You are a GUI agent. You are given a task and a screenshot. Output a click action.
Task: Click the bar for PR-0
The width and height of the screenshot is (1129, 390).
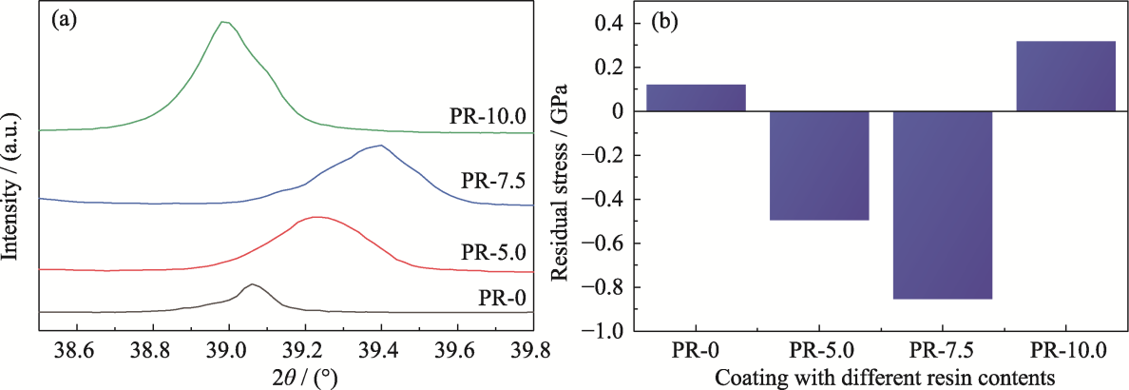click(x=696, y=98)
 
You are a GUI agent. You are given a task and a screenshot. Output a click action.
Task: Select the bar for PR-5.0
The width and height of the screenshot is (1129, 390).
click(x=819, y=166)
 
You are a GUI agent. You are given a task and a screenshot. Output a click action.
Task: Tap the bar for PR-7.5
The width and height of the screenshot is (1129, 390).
click(x=942, y=205)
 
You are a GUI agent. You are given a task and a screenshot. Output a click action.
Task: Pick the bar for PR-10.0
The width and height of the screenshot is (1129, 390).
click(x=1065, y=76)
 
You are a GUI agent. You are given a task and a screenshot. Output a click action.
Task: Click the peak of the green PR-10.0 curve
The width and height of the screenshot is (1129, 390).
click(x=222, y=22)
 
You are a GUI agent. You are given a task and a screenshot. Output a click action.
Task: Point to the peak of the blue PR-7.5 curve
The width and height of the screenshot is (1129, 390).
click(x=380, y=146)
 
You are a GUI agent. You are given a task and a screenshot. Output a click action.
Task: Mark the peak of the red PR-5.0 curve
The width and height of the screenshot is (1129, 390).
click(x=317, y=217)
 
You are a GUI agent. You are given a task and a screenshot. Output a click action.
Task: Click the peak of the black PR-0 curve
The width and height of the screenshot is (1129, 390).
click(x=252, y=284)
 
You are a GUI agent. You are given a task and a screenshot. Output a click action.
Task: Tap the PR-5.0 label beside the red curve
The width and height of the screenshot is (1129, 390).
click(x=494, y=255)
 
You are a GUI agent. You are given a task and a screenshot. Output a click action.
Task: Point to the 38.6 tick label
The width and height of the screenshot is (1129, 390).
click(x=75, y=350)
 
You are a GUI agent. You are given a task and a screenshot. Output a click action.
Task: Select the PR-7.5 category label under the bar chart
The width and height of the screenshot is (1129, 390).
click(x=942, y=349)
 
